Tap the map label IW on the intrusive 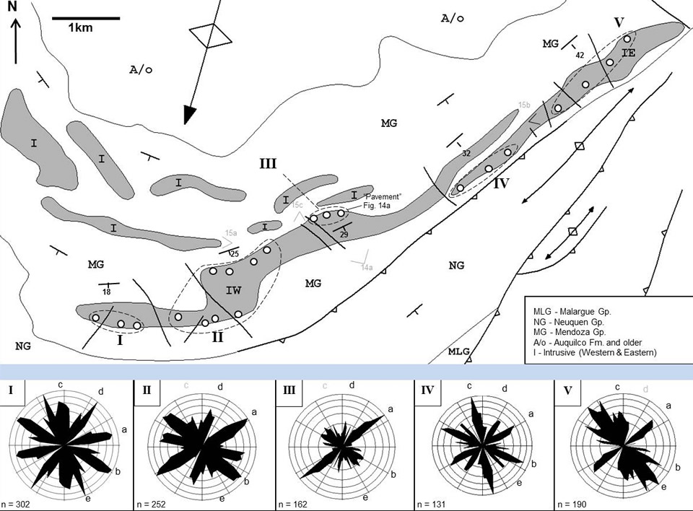coord(233,291)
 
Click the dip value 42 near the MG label coord(579,55)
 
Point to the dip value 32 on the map coord(466,153)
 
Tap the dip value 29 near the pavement coord(344,235)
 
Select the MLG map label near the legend coord(459,351)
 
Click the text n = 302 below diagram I coord(22,502)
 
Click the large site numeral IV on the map coord(502,183)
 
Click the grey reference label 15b coord(525,105)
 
